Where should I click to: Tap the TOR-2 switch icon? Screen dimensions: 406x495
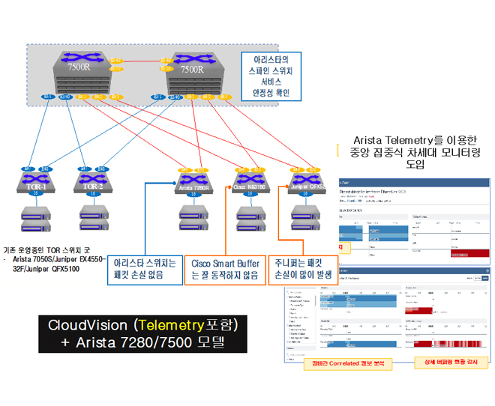pyautogui.click(x=92, y=183)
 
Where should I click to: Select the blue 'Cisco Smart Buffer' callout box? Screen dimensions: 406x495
pyautogui.click(x=223, y=269)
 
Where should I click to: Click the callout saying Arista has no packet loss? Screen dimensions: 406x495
pyautogui.click(x=145, y=269)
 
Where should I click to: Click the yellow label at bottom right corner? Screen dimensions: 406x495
pyautogui.click(x=451, y=364)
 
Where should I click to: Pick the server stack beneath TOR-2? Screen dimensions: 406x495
pyautogui.click(x=91, y=216)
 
